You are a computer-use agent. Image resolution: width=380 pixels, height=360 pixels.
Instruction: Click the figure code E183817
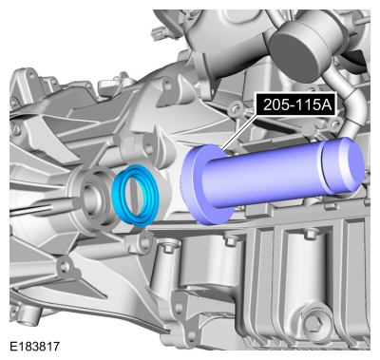[34, 346]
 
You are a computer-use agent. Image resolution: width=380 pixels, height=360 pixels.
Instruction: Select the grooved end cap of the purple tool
[344, 166]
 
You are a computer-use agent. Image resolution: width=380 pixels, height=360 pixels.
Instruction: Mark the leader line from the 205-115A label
[239, 132]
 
